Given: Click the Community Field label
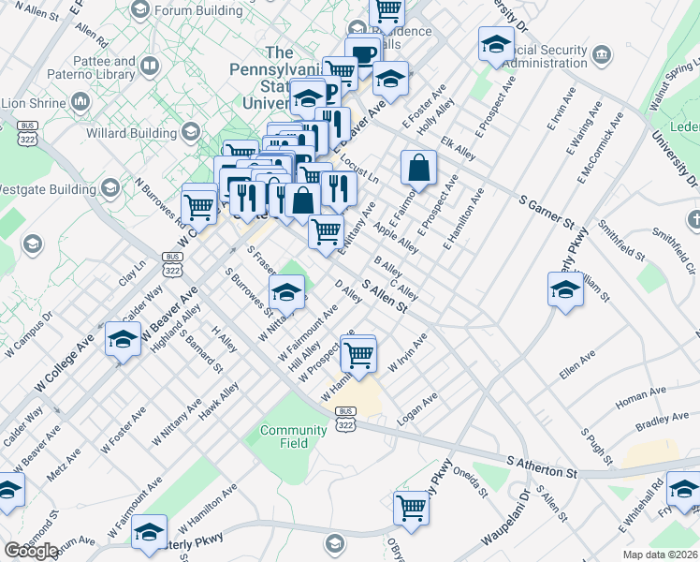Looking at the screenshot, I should click(x=280, y=436).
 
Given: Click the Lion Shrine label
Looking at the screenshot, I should click(x=36, y=101).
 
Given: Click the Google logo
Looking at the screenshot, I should click(x=30, y=551).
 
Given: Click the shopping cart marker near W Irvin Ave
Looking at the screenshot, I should click(x=358, y=355).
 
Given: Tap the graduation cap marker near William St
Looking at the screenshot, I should click(x=565, y=289).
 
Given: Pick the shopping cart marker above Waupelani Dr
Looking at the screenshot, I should click(x=411, y=508).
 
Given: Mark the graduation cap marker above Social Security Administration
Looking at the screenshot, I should click(x=496, y=44).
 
